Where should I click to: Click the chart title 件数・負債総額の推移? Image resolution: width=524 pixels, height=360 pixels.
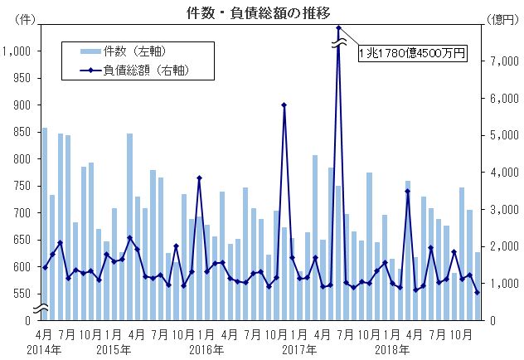coord(264,12)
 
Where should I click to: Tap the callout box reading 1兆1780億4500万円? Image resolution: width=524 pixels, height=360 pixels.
coord(412,53)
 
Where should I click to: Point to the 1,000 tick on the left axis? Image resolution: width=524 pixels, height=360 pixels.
coord(17,51)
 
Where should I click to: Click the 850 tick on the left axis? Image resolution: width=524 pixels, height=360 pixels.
coord(21,132)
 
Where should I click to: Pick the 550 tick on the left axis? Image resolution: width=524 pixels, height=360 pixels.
coord(21,294)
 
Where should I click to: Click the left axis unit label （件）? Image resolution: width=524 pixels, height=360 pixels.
coord(25,19)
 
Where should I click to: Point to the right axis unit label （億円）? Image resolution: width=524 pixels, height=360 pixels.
coord(502,19)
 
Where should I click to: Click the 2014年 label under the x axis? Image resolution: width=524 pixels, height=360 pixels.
coord(43,349)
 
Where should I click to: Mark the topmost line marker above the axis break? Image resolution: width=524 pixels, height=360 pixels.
coord(339,27)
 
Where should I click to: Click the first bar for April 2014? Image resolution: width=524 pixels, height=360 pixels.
coord(45,224)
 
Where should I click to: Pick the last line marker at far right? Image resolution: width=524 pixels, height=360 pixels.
coord(478,292)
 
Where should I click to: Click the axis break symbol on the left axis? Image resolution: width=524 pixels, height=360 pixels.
coord(39,309)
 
